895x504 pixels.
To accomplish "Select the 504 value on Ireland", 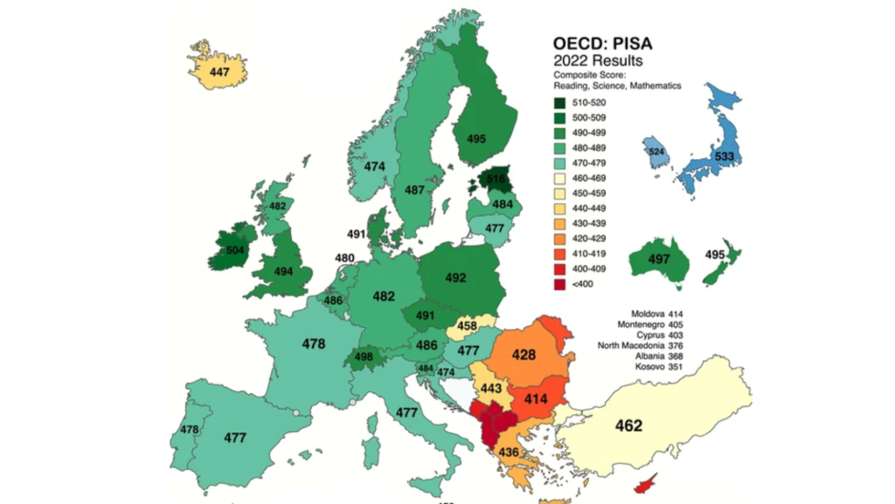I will (235, 249).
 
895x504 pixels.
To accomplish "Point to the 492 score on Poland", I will (455, 278).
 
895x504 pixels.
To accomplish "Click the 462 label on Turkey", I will (628, 426).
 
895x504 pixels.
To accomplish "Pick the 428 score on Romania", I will (524, 355).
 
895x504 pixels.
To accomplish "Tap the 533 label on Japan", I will (725, 157).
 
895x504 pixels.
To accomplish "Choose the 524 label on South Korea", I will (656, 150).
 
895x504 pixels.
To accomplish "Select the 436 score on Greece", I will (509, 451).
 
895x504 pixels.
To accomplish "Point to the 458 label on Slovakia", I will (468, 326).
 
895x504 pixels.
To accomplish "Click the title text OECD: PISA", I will (602, 45).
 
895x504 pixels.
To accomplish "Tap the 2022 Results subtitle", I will (598, 61).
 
